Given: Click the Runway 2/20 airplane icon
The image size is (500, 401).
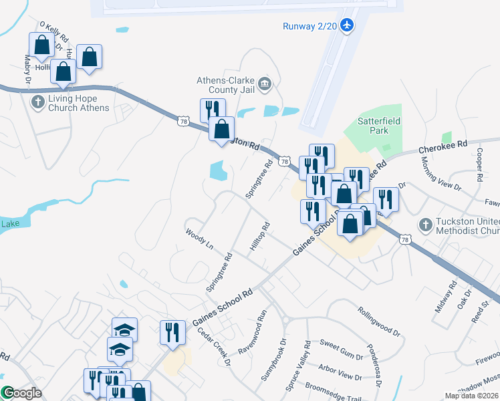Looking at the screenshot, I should [x=346, y=25].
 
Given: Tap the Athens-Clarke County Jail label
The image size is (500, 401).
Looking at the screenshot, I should [x=227, y=84].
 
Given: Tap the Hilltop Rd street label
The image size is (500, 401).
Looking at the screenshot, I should [x=259, y=237].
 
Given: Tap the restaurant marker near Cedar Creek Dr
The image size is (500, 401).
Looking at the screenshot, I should [x=172, y=333].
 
